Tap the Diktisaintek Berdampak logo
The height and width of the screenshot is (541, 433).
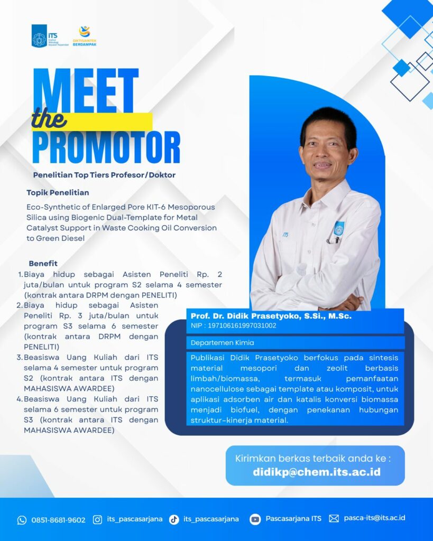[x=85, y=36]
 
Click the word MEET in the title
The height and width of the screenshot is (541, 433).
[x=86, y=90]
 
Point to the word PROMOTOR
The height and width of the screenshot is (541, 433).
[x=106, y=147]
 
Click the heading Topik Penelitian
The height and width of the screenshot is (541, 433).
[x=58, y=192]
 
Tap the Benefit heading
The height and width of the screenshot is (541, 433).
[x=43, y=263]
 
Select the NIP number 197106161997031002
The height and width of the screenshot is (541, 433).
[x=242, y=325]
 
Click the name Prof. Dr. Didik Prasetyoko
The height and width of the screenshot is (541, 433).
[x=246, y=316]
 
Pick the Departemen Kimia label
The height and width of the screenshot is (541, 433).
[x=222, y=342]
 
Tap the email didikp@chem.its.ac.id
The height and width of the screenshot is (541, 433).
[x=317, y=472]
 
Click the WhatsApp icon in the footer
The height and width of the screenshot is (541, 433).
[x=22, y=520]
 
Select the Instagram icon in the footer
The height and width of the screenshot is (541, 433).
[x=98, y=520]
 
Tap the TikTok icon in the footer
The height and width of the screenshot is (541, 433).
[x=174, y=520]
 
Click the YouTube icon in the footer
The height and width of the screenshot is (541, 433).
[x=255, y=520]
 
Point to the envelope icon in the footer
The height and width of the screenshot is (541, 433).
[x=334, y=519]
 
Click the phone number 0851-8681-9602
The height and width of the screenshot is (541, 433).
[x=58, y=520]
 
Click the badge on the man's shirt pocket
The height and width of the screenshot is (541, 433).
[x=339, y=229]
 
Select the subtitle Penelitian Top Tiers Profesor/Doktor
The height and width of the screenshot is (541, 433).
[x=104, y=175]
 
